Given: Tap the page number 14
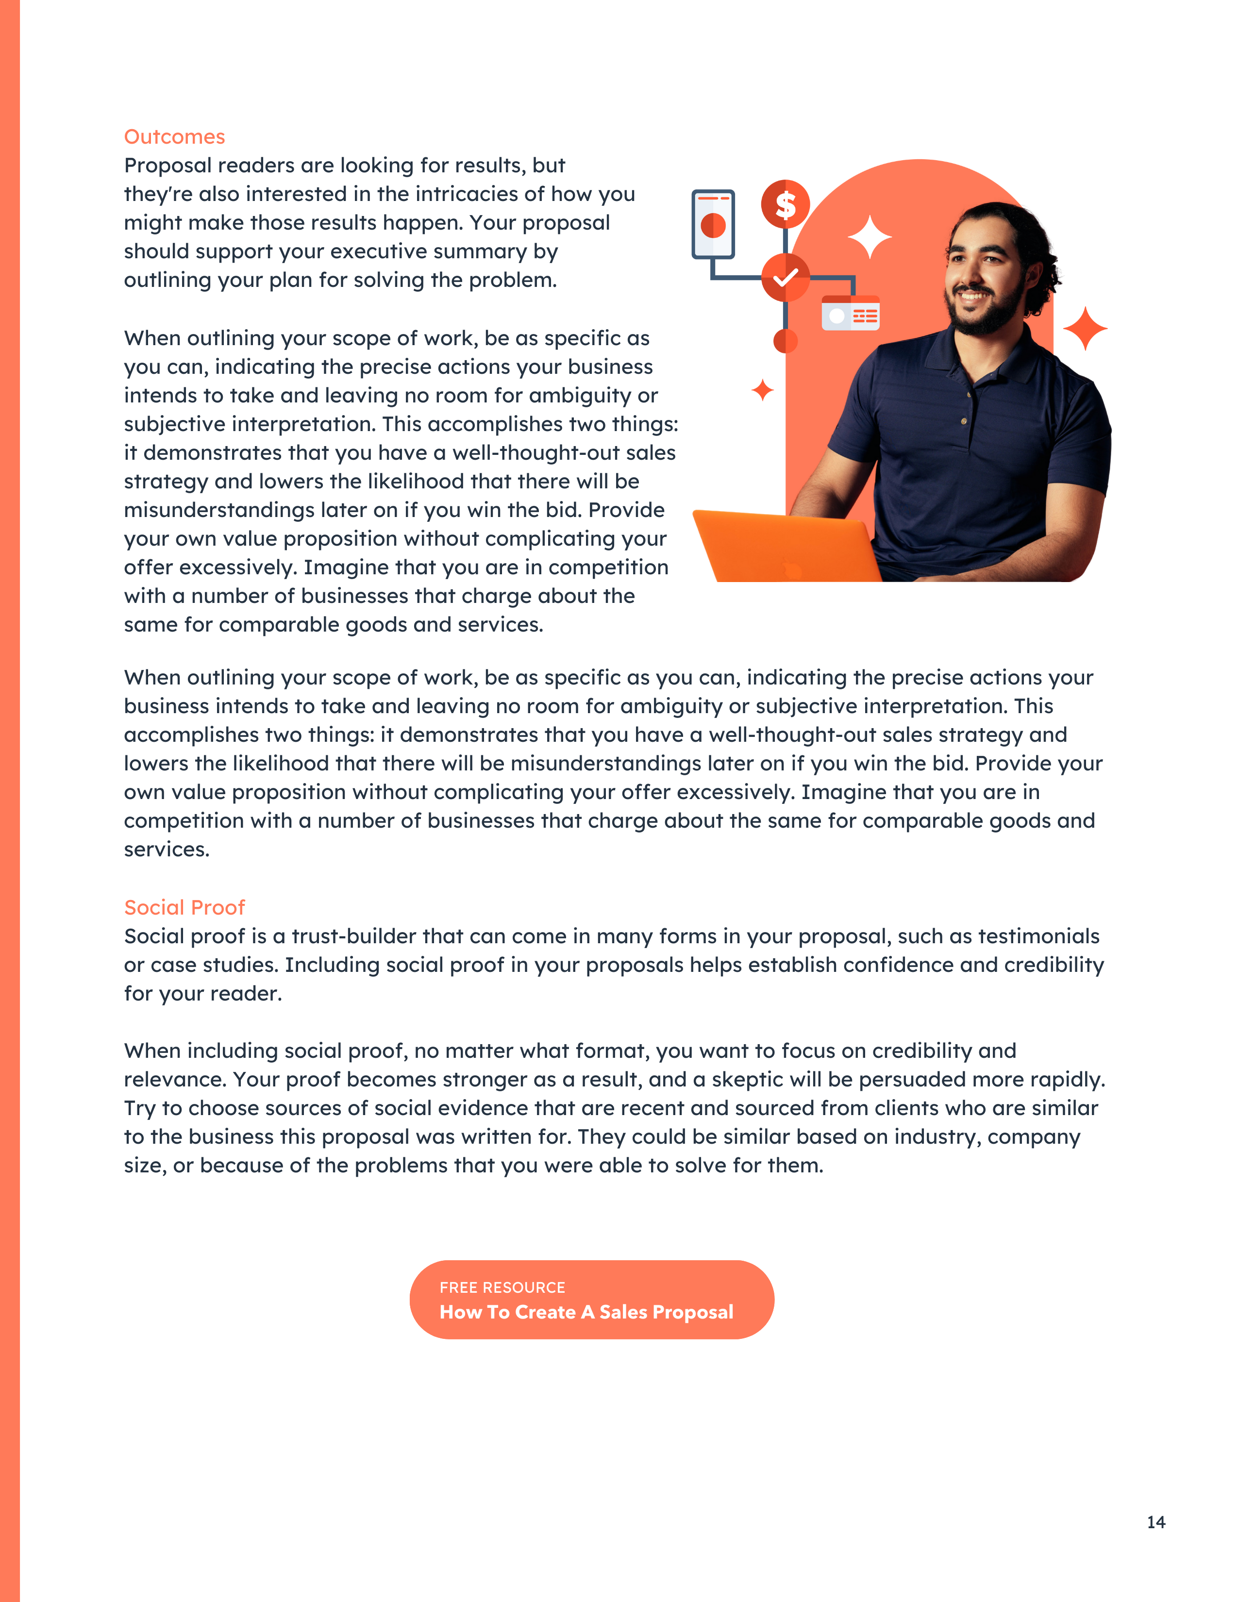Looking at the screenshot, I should (1156, 1522).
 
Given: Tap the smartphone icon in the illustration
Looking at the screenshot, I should (713, 224).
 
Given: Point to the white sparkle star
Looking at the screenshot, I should (870, 237).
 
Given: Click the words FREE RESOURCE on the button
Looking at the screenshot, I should (502, 1287).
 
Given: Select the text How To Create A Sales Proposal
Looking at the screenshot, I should (586, 1312).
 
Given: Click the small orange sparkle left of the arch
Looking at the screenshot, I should (763, 390).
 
